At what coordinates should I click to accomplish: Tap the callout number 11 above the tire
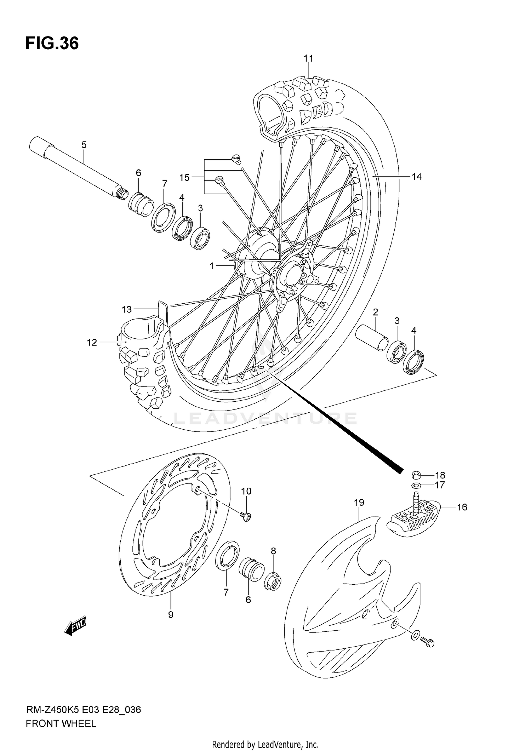point(308,58)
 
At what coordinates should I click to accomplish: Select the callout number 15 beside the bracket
point(184,178)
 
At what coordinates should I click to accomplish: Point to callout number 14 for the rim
point(417,177)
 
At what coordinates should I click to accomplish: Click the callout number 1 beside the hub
point(212,266)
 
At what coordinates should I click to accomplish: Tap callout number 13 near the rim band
point(126,309)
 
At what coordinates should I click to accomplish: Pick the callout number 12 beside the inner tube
point(92,342)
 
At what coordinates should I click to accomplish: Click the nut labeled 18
point(416,475)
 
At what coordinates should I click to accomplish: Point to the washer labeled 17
point(416,485)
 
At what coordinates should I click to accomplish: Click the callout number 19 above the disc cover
point(359,503)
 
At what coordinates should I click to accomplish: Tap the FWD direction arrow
point(75,627)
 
